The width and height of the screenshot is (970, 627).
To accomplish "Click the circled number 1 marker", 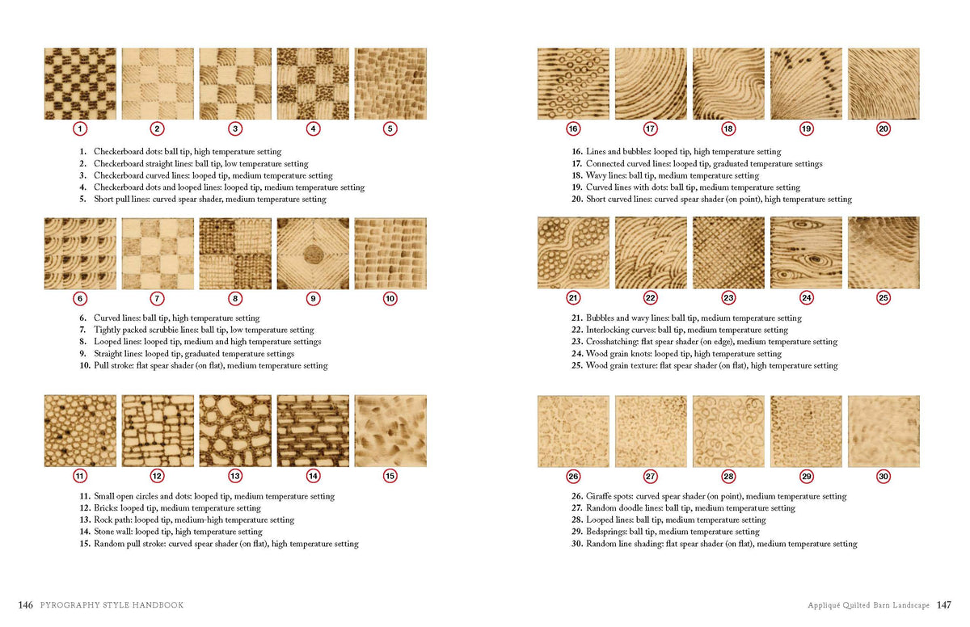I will [x=80, y=128].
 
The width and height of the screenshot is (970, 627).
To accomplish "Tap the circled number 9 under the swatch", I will [x=313, y=298].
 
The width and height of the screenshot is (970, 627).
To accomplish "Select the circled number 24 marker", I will [x=806, y=298].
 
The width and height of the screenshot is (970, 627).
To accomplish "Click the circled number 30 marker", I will [x=884, y=476].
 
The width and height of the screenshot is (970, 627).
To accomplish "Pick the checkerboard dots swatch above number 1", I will [x=80, y=83].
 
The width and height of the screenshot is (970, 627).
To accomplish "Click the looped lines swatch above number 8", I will [x=235, y=253].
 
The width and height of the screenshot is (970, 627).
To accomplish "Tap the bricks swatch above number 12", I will [x=158, y=431].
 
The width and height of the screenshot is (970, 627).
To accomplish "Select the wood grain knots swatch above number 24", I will [x=806, y=253].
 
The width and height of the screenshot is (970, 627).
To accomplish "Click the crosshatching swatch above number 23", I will [x=728, y=253].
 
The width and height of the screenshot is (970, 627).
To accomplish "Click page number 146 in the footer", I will [x=25, y=604].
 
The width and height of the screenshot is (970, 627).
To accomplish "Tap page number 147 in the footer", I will [x=943, y=604].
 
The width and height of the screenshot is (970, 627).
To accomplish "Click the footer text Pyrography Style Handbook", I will [x=112, y=604].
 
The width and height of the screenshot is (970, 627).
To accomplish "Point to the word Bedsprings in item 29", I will [x=607, y=532].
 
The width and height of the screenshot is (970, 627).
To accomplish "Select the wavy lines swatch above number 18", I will [x=728, y=83].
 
